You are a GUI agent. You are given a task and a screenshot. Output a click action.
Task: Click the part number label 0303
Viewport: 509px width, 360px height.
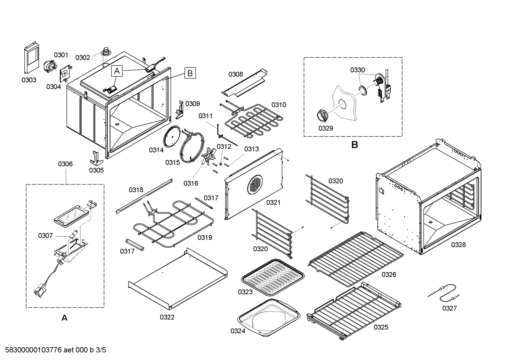click(x=29, y=80)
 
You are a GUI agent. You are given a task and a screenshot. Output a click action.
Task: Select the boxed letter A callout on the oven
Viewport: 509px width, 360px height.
click(x=117, y=71)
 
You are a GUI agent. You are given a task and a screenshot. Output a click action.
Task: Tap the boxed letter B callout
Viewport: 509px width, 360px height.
click(x=190, y=73)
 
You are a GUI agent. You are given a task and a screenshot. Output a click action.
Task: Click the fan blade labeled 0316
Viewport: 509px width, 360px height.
click(x=208, y=156)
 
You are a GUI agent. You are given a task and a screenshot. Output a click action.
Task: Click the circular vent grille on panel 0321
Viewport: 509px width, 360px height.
click(x=255, y=184)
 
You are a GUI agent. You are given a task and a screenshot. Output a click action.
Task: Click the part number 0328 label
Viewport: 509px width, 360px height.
click(x=458, y=244)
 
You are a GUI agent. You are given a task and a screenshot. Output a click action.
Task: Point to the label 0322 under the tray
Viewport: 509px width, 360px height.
click(x=167, y=317)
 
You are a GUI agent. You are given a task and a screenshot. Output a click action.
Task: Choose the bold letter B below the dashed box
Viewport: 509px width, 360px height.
click(x=354, y=145)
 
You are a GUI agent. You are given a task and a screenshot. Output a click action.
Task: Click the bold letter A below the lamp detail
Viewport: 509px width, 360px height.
click(x=64, y=318)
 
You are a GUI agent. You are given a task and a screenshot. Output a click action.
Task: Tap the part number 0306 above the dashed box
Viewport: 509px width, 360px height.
click(x=65, y=164)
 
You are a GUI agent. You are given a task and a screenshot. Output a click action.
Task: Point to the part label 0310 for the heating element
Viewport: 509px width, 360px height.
click(x=279, y=105)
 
